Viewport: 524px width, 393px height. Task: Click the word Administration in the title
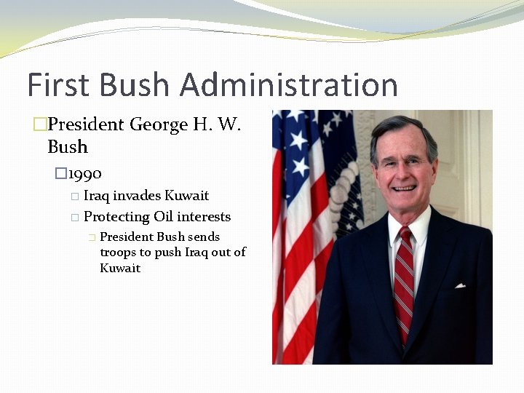pos(289,84)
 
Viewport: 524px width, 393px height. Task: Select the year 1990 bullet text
pos(85,173)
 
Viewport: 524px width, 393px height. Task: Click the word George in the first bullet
pos(159,124)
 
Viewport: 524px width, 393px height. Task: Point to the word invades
pos(137,196)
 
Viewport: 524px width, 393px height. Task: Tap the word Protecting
pos(116,217)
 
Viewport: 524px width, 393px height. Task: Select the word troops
pos(116,253)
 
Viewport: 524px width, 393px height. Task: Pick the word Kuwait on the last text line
pos(120,268)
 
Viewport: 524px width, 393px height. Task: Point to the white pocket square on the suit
pos(460,285)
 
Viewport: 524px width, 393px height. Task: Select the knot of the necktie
pos(405,237)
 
